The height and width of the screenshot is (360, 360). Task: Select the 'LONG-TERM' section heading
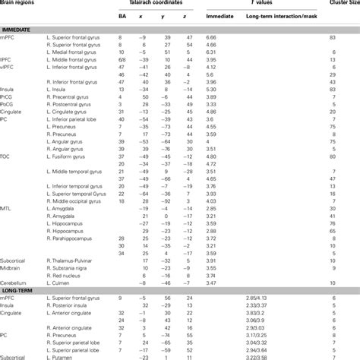point(17,292)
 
